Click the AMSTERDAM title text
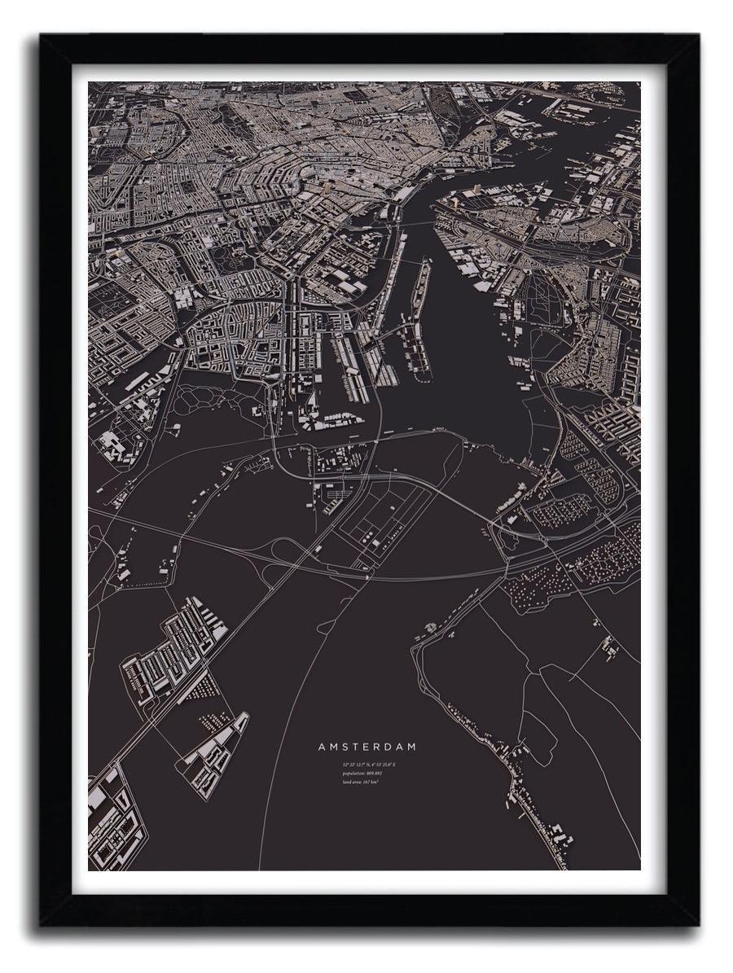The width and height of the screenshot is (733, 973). [366, 746]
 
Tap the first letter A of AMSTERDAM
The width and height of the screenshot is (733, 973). [322, 746]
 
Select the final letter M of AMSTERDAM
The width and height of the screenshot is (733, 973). [412, 746]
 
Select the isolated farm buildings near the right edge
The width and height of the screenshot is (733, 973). [608, 647]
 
